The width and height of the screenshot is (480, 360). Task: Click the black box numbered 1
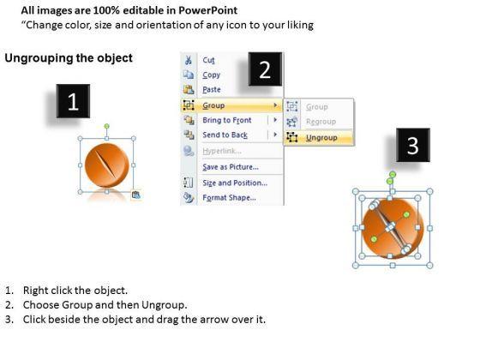(x=73, y=101)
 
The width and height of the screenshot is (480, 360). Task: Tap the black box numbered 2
(x=265, y=69)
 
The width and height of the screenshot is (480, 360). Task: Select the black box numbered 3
(x=413, y=145)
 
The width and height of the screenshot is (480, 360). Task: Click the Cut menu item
(x=208, y=60)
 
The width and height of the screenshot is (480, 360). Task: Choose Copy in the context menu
(x=211, y=75)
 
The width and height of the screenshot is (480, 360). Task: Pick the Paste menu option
(x=212, y=90)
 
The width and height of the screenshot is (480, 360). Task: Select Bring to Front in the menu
(x=227, y=120)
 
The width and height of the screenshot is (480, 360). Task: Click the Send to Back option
(x=225, y=135)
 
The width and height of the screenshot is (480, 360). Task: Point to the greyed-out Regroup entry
(x=321, y=122)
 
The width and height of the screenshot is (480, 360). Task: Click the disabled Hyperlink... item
(x=222, y=151)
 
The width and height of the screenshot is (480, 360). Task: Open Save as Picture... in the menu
(x=231, y=167)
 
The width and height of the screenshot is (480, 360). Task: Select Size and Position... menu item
(x=235, y=183)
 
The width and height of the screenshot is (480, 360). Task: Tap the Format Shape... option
(x=230, y=198)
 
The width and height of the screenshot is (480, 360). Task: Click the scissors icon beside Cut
(x=189, y=60)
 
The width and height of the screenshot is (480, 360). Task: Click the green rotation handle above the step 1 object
(x=106, y=126)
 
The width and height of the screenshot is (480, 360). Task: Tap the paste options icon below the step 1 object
(x=136, y=195)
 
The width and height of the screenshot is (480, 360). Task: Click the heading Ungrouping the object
(x=69, y=58)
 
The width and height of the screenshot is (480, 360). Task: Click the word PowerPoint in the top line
(x=207, y=10)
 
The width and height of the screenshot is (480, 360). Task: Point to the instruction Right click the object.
(x=75, y=291)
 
